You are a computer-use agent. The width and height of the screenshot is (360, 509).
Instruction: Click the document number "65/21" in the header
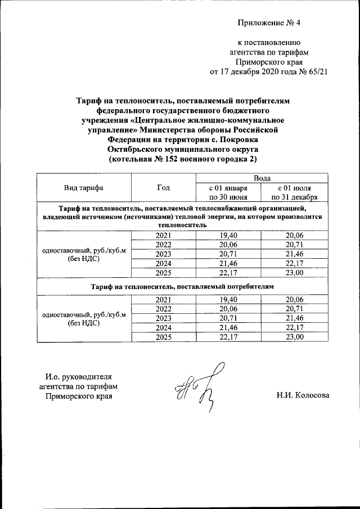(316, 72)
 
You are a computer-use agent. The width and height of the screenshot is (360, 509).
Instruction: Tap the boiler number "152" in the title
(172, 160)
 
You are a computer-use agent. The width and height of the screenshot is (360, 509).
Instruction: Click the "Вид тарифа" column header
(84, 188)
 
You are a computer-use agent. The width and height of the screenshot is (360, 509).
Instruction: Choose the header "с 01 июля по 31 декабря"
(295, 192)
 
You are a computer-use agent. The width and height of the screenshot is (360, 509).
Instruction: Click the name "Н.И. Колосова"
(303, 395)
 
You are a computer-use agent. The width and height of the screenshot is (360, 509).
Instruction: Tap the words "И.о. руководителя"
(79, 376)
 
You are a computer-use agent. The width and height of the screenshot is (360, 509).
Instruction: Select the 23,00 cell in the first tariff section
(295, 273)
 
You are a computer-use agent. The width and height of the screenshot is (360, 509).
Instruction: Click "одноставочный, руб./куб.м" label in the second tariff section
(84, 314)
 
